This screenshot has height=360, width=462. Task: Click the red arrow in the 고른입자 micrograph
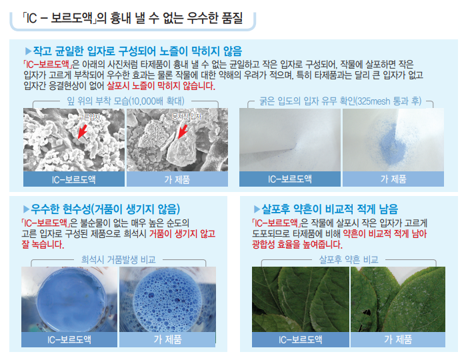[x=83, y=131]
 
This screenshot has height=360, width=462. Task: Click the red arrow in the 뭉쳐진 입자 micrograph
[x=183, y=131]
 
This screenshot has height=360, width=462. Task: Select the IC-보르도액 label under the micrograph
[x=73, y=179]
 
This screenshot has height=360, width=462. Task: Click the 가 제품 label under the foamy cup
[x=167, y=339]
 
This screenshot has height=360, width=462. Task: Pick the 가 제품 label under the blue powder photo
[x=393, y=179]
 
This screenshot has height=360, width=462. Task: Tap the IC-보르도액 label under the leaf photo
[x=300, y=339]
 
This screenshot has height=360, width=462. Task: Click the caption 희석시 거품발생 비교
[x=118, y=259]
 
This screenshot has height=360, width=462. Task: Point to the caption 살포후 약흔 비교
[x=349, y=259]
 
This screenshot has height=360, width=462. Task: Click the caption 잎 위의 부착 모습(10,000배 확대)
[x=125, y=101]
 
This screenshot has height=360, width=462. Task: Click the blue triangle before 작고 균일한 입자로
[x=28, y=51]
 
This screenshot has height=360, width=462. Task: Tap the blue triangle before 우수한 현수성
[x=26, y=209]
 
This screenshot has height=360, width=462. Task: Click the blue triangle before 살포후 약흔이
[x=257, y=209]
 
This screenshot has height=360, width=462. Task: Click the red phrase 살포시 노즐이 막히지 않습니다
[x=161, y=86]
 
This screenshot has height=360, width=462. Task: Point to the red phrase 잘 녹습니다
[x=43, y=245]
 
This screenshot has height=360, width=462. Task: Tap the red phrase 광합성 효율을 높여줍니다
[x=297, y=245]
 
